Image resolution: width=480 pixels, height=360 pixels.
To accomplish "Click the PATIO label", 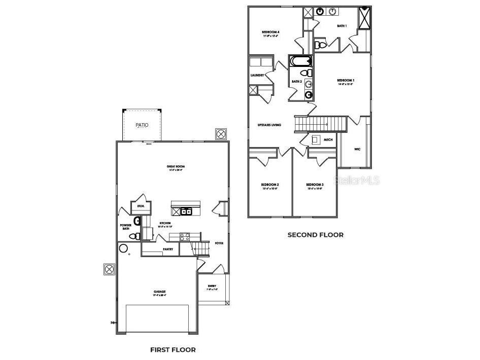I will click(x=142, y=125).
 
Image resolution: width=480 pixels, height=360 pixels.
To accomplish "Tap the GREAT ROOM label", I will click(x=175, y=167).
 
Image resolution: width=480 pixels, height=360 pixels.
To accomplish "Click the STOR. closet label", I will click(x=141, y=206).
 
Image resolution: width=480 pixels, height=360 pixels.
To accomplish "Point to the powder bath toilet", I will click(x=134, y=236).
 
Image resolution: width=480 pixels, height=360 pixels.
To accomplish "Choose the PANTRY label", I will click(x=168, y=249).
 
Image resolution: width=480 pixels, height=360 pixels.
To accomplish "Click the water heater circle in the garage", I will click(x=123, y=248).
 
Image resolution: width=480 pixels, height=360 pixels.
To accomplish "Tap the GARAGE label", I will click(x=160, y=293).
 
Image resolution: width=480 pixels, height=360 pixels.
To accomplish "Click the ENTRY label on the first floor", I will click(x=212, y=287).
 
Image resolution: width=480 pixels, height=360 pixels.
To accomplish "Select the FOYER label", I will click(x=219, y=243).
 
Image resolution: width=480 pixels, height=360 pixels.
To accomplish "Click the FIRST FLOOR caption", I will click(x=173, y=349).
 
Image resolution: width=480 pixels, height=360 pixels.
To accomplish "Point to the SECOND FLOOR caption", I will click(x=315, y=235).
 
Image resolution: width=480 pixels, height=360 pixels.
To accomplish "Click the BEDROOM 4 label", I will click(x=271, y=32).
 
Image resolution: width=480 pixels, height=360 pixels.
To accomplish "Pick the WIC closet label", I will click(x=357, y=149).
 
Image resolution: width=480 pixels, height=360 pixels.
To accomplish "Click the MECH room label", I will click(x=328, y=139).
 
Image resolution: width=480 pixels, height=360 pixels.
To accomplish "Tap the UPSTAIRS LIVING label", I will click(x=269, y=125).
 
